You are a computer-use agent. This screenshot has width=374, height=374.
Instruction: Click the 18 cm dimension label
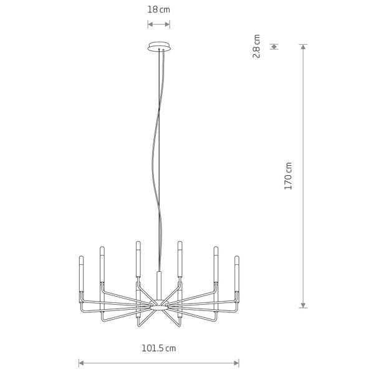(x=158, y=10)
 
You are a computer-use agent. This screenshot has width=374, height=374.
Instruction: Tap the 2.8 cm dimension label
(x=256, y=46)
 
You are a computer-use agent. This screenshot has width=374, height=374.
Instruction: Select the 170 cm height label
(x=288, y=176)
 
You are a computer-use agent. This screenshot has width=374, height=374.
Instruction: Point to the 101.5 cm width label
(x=159, y=348)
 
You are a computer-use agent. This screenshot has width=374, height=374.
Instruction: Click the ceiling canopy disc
(x=159, y=46)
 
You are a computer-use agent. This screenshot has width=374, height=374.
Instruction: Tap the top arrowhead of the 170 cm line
(x=303, y=47)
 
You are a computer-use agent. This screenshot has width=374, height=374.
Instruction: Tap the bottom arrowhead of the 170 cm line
(x=303, y=305)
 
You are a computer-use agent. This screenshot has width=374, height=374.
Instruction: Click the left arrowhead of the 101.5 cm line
(x=81, y=363)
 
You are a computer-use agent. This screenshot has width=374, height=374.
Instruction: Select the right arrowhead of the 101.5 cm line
(x=237, y=363)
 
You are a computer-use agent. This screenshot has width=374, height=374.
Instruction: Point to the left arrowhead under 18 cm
(x=150, y=24)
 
